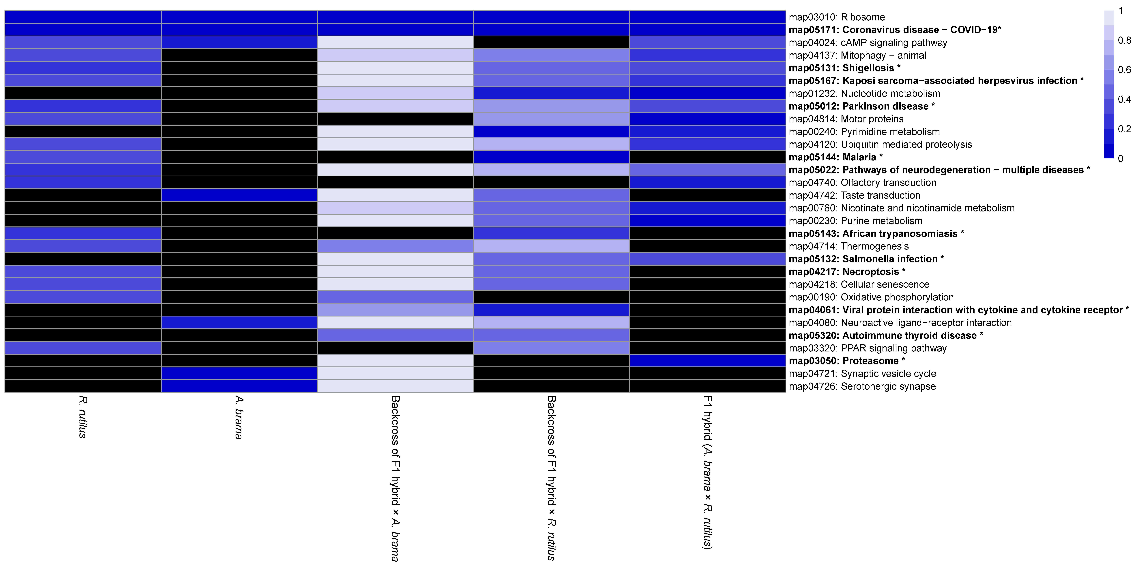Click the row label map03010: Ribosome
tap(836, 17)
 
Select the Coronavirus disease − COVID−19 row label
tap(895, 30)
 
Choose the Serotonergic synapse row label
tap(862, 386)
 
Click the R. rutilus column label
tap(83, 417)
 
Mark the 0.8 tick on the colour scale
tap(1124, 41)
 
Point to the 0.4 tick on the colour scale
tap(1124, 99)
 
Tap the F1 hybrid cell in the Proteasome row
tap(707, 361)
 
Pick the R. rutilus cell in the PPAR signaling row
tap(83, 348)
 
